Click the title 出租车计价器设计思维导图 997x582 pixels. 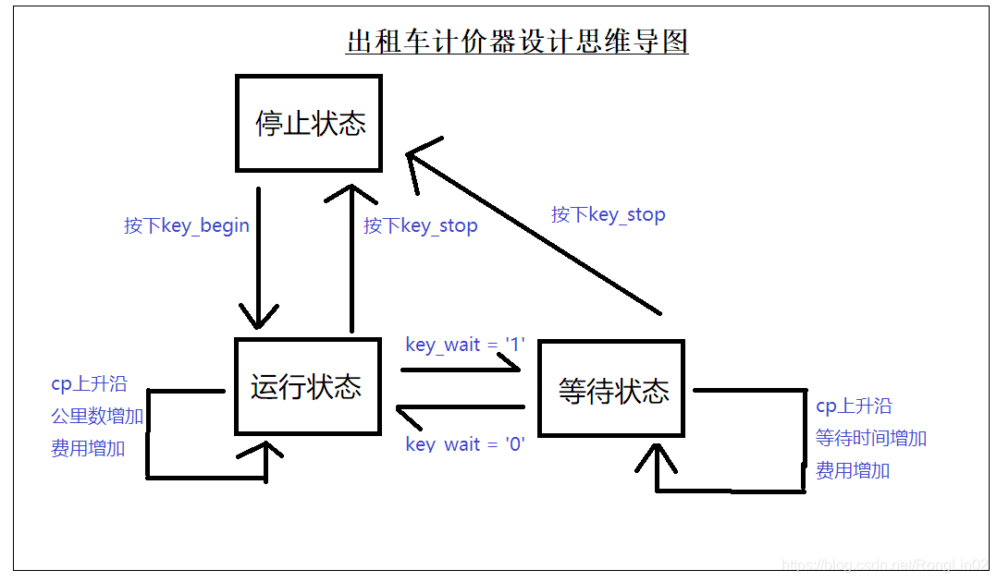[x=517, y=42]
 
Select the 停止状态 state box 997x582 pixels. [x=309, y=124]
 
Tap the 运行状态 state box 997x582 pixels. [x=307, y=386]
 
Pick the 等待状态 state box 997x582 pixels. [x=612, y=389]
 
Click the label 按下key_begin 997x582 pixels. [x=187, y=225]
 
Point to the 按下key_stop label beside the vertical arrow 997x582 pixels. [x=421, y=225]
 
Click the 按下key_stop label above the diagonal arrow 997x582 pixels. [x=608, y=214]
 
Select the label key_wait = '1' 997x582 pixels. [x=465, y=345]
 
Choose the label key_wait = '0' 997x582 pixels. [x=465, y=444]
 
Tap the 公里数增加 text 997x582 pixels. [x=97, y=416]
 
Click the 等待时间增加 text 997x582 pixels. [x=871, y=438]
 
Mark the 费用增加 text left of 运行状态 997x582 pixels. [x=88, y=449]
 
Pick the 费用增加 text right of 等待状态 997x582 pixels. [x=853, y=470]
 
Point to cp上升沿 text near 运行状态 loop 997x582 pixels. [x=89, y=383]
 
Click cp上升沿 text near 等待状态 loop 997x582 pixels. [x=854, y=406]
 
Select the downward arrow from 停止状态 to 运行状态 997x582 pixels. [x=259, y=259]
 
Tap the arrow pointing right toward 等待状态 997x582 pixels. [x=462, y=370]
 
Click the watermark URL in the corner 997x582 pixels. [x=885, y=564]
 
